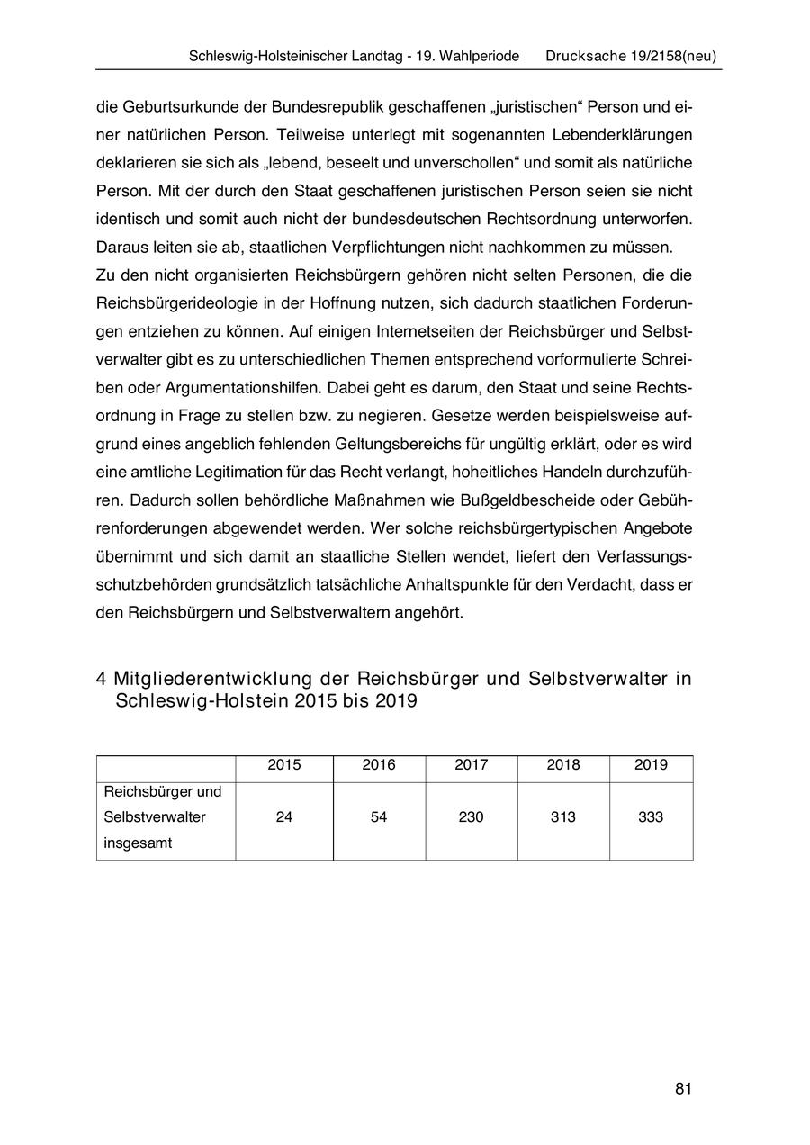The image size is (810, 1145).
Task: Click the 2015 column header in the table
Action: tap(284, 765)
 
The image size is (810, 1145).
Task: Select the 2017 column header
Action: tap(471, 765)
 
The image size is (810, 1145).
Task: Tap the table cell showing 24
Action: tap(284, 817)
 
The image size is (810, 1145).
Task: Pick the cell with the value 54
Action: tap(379, 817)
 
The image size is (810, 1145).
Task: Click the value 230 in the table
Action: tap(471, 817)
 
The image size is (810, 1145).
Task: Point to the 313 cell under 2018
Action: tap(563, 817)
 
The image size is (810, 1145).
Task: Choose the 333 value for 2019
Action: tap(651, 817)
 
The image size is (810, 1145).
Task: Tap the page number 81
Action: tap(682, 1089)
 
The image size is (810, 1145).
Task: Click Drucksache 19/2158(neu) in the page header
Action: tap(631, 56)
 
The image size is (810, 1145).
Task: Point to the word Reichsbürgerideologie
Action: tap(179, 303)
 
